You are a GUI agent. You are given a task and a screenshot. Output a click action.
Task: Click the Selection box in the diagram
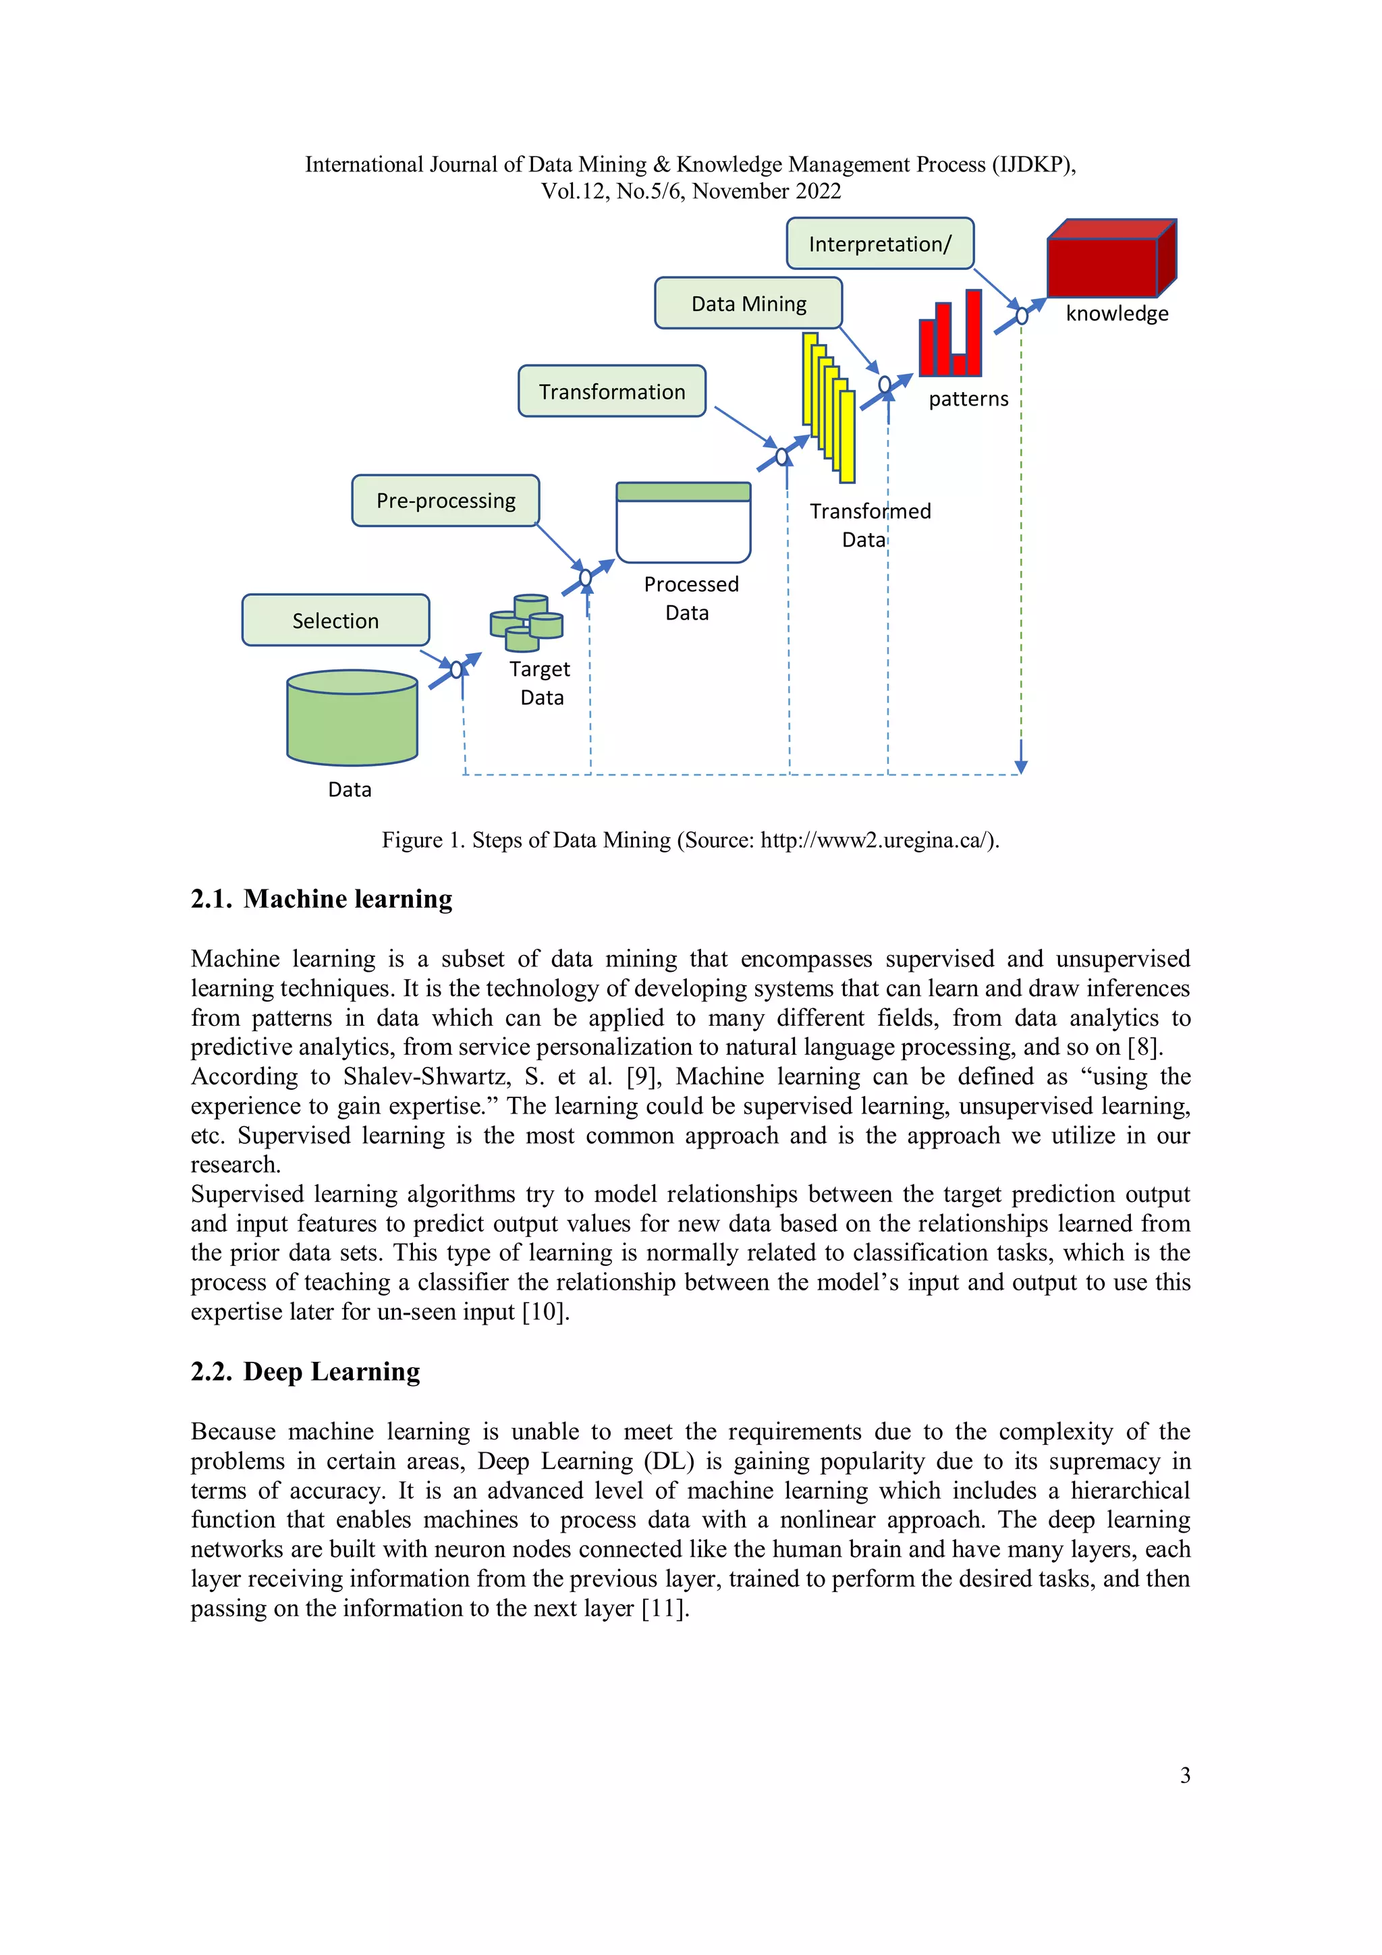click(x=335, y=620)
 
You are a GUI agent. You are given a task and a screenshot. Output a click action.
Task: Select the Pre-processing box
click(x=445, y=501)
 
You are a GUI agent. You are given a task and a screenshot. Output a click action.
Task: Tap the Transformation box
click(x=611, y=391)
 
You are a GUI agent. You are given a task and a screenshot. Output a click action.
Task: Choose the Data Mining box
click(x=748, y=303)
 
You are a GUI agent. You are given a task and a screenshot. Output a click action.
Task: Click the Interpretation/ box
click(x=880, y=244)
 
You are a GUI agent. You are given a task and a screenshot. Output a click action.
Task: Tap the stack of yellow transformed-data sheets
click(x=828, y=407)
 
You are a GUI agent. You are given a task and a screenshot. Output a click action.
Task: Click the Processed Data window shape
click(x=683, y=523)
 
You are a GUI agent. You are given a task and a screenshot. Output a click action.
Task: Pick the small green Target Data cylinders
click(x=526, y=622)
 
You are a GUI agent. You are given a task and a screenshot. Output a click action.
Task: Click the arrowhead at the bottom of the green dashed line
click(x=1021, y=767)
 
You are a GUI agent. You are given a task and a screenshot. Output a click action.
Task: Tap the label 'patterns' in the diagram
click(x=968, y=399)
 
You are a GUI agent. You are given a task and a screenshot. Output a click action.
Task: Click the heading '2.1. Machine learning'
click(x=321, y=899)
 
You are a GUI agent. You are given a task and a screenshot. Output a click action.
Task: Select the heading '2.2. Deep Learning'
click(x=305, y=1372)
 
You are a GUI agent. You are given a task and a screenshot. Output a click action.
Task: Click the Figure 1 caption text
click(x=690, y=840)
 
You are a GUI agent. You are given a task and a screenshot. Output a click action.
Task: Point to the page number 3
click(x=1184, y=1775)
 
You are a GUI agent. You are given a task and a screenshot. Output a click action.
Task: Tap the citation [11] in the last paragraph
click(x=663, y=1608)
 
